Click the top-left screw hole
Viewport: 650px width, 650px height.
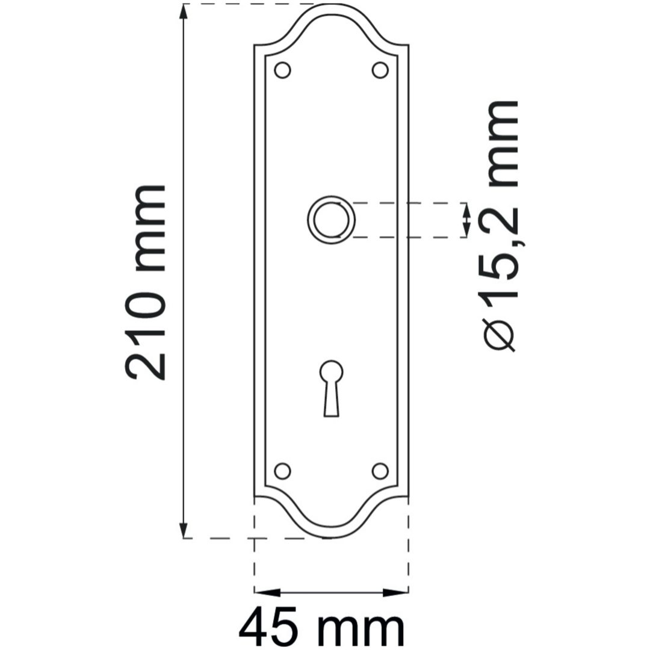(x=282, y=70)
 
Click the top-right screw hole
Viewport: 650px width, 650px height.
(x=380, y=70)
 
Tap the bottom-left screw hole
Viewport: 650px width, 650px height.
(x=282, y=471)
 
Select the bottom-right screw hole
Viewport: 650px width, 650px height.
(x=380, y=471)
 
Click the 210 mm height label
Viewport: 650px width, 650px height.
(x=146, y=282)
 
